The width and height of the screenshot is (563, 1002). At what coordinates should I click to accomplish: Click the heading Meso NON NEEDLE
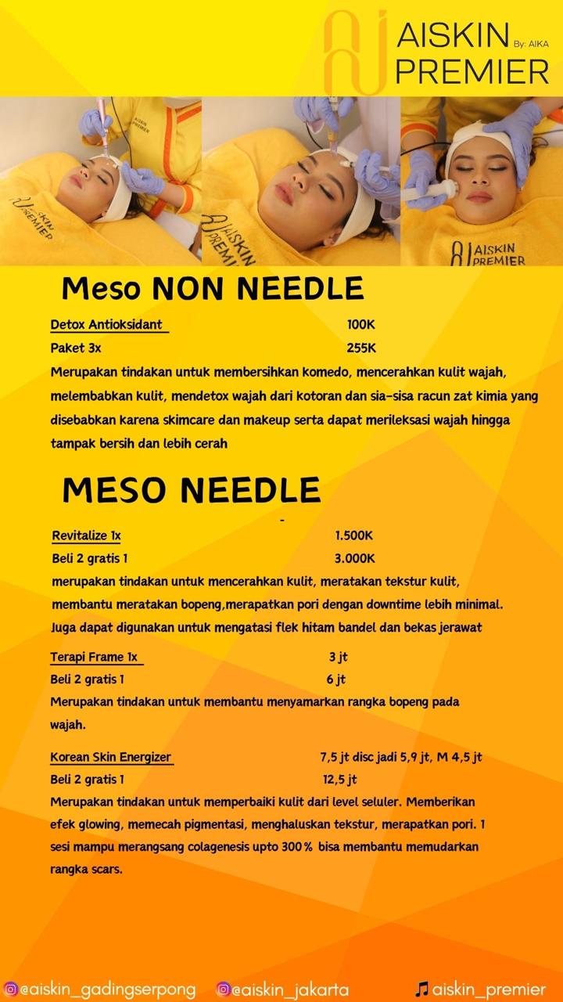coord(213,289)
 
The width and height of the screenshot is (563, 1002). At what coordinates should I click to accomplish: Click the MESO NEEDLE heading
coord(192,490)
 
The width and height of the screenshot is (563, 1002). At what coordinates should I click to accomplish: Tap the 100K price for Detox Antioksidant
coord(361,324)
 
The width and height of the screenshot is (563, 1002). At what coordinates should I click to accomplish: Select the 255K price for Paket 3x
coord(361,348)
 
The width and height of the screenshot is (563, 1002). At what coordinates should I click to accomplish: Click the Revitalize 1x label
coord(87,536)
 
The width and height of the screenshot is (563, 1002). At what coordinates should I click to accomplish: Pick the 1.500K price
coord(354,536)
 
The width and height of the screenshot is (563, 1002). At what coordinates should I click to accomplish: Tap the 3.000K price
coord(354,559)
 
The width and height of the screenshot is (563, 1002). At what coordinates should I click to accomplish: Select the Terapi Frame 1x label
coord(95,657)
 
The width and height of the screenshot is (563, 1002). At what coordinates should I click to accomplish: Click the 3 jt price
coord(338,657)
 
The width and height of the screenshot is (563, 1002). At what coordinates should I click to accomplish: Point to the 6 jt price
coord(336,679)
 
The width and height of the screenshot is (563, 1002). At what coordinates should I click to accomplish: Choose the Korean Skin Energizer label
coord(111,757)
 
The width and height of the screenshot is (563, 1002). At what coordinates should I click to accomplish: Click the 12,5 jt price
coord(339,780)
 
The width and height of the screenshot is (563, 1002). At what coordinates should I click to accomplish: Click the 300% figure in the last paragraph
coord(297,847)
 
